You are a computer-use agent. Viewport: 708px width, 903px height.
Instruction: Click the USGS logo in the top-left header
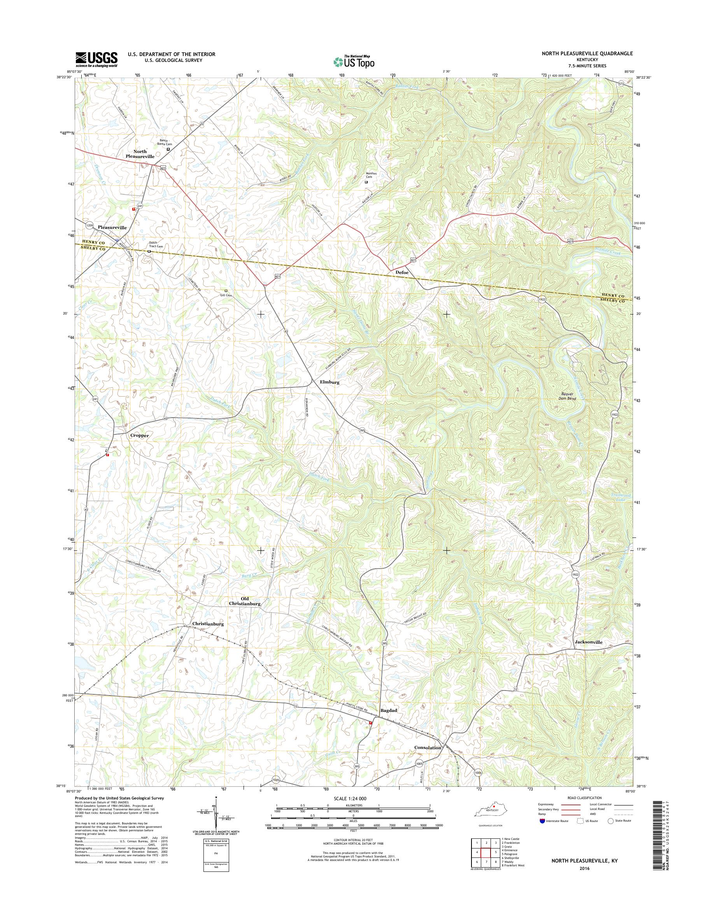[x=96, y=60]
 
